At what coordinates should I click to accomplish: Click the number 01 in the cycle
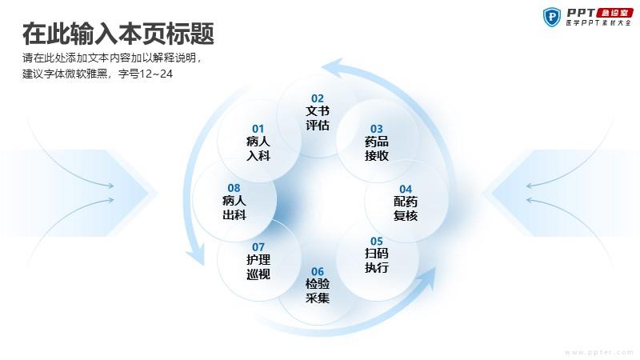pyautogui.click(x=258, y=129)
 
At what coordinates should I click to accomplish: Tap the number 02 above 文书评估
pyautogui.click(x=317, y=98)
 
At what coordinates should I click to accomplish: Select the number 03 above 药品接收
pyautogui.click(x=376, y=129)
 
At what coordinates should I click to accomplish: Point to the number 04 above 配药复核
pyautogui.click(x=406, y=189)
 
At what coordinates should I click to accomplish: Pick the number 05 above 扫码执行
pyautogui.click(x=376, y=242)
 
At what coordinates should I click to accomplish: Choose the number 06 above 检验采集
pyautogui.click(x=317, y=271)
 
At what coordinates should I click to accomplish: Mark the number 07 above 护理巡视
pyautogui.click(x=258, y=247)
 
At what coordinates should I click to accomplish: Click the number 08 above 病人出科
pyautogui.click(x=234, y=188)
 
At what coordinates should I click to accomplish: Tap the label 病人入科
pyautogui.click(x=258, y=149)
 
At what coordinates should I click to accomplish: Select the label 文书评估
pyautogui.click(x=317, y=118)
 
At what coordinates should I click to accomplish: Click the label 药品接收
pyautogui.click(x=376, y=149)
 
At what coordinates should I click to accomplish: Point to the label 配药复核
pyautogui.click(x=406, y=208)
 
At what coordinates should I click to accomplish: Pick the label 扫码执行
pyautogui.click(x=376, y=261)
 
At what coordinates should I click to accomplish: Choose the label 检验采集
pyautogui.click(x=317, y=290)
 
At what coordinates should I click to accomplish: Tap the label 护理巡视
pyautogui.click(x=258, y=266)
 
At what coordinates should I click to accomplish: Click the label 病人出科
pyautogui.click(x=234, y=207)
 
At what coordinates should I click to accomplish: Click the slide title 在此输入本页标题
pyautogui.click(x=118, y=34)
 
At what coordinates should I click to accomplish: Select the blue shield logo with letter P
pyautogui.click(x=552, y=17)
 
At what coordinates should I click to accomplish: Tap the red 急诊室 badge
pyautogui.click(x=614, y=13)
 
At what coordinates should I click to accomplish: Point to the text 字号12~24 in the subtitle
pyautogui.click(x=146, y=74)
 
